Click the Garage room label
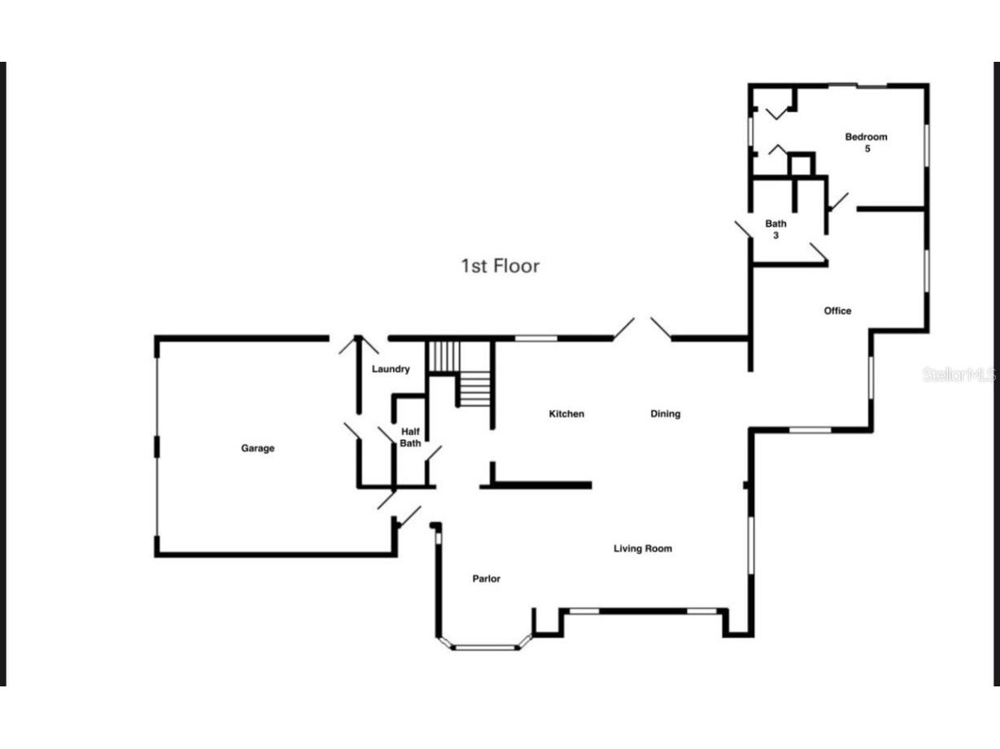point(257,448)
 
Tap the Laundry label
point(391,369)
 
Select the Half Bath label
point(410,438)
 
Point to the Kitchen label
point(566,414)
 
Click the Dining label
point(665,414)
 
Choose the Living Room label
point(642,549)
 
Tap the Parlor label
point(487,579)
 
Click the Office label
point(837,311)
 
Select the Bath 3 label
point(775,229)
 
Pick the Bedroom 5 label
point(866,142)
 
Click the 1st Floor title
point(500,266)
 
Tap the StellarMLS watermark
point(959,375)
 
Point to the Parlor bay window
point(485,647)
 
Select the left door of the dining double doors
point(624,328)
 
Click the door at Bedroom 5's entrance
point(837,202)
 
